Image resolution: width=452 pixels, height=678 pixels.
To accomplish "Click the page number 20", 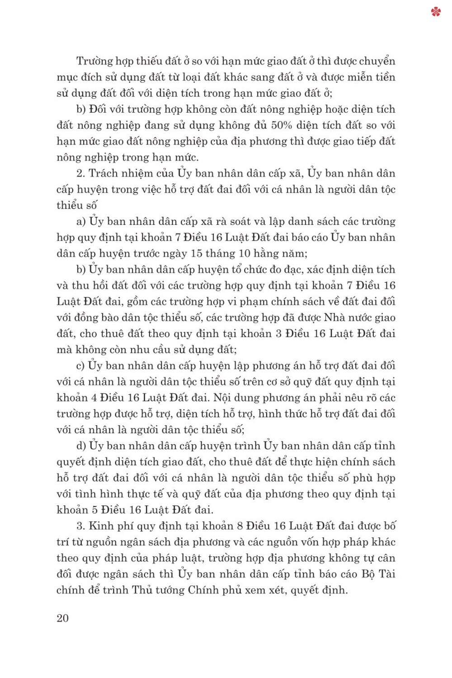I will coord(63,618).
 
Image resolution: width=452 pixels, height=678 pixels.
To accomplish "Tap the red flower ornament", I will coord(436,12).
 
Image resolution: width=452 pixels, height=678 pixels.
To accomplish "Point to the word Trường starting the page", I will coord(94,61).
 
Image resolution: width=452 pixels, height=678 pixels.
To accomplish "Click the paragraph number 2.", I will coord(80,173).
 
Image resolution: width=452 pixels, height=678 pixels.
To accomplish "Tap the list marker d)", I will coord(81,446).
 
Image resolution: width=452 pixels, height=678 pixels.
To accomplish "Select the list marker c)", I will coord(80,366).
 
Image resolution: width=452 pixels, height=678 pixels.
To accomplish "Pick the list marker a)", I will coord(81,222).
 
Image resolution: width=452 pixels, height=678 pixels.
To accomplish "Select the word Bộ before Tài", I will coord(368,574).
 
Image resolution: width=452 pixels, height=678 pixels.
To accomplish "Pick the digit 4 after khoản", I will coord(94,398).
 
